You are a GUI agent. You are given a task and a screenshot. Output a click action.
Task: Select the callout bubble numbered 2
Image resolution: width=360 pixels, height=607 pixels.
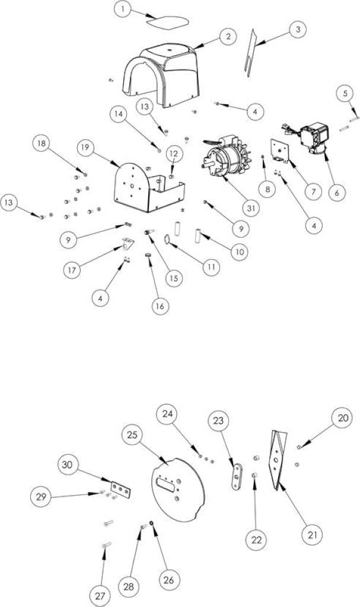(229, 37)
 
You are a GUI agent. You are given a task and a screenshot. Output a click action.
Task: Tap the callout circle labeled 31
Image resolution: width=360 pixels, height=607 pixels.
(251, 208)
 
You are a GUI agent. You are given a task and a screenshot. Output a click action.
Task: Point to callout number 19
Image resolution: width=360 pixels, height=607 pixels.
(86, 148)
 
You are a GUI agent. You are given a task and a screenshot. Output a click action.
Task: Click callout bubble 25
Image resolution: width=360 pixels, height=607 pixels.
(132, 435)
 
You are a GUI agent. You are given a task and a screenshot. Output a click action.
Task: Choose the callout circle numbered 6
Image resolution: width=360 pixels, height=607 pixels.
(336, 193)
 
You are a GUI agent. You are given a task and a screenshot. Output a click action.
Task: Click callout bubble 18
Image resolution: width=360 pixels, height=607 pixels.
(42, 143)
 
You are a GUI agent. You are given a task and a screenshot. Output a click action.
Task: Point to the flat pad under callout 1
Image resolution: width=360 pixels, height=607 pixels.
(167, 22)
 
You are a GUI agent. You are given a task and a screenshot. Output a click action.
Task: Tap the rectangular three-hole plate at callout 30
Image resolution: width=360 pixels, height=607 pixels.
(121, 490)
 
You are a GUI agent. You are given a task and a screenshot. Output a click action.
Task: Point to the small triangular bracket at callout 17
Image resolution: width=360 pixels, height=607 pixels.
(128, 245)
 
